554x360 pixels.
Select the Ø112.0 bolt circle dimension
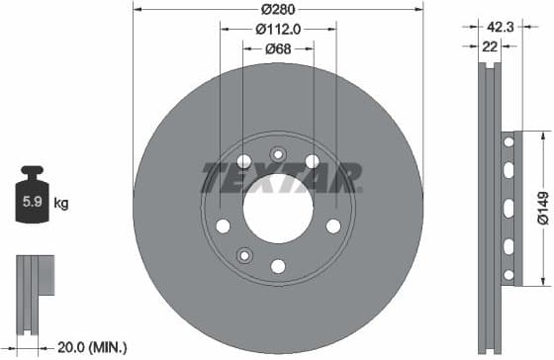click(278, 30)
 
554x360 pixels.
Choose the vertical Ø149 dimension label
click(542, 208)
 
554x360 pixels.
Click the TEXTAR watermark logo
click(282, 178)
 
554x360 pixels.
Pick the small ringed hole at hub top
click(278, 153)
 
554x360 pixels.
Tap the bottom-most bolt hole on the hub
click(278, 266)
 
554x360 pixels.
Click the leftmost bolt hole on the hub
click(223, 226)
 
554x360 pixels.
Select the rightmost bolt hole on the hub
click(333, 226)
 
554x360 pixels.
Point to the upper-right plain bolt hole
click(313, 161)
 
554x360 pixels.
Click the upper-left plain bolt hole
click(244, 161)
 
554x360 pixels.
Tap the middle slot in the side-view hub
click(508, 208)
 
